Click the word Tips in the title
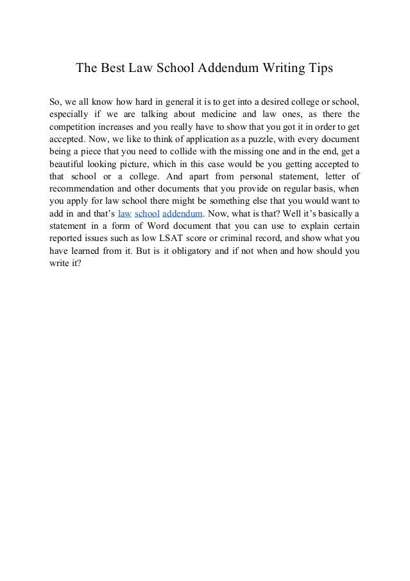click(x=319, y=67)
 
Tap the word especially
click(x=71, y=115)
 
